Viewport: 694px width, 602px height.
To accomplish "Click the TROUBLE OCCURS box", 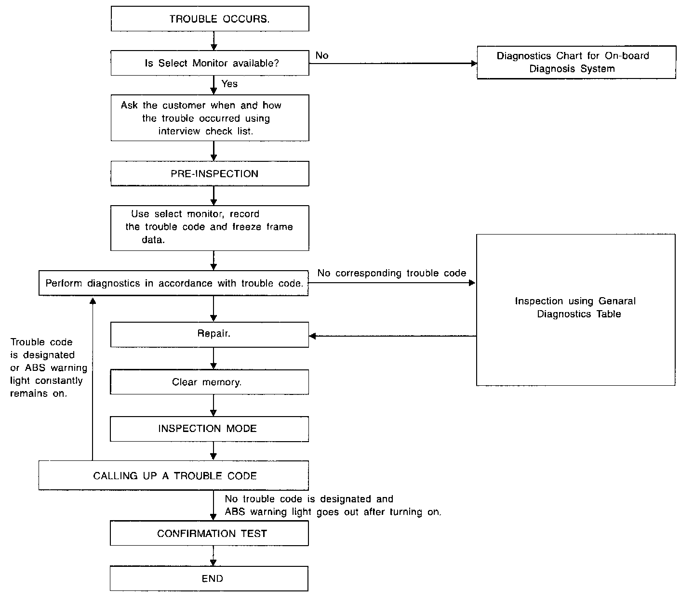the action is tap(210, 19).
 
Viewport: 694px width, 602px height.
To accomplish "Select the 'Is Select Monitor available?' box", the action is tap(210, 63).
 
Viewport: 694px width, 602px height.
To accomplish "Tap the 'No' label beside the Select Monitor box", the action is tap(322, 55).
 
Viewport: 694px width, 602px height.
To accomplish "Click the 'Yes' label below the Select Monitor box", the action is tap(229, 84).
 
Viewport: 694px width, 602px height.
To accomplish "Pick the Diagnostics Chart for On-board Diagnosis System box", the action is tap(576, 63).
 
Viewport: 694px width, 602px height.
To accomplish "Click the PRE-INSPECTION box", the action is tap(210, 173).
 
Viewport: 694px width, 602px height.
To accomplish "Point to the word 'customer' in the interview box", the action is tap(184, 105).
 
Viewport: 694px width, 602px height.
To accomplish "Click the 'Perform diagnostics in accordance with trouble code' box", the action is tap(173, 283).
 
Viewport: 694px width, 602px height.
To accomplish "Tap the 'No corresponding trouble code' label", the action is tap(392, 273).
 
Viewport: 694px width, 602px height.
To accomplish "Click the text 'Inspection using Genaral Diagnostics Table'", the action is tap(575, 307).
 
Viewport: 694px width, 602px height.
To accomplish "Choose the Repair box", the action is tap(210, 335).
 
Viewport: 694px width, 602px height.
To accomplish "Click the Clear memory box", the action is tap(210, 382).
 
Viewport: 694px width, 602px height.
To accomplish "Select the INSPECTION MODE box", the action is tap(210, 429).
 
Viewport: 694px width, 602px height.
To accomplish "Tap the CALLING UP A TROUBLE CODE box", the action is tap(173, 475).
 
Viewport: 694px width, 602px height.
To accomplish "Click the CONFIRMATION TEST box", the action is tap(209, 533).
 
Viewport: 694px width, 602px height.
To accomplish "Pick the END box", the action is tap(209, 578).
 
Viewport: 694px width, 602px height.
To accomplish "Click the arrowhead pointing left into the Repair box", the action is tap(312, 336).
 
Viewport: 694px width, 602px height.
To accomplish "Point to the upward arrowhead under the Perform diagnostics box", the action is tap(93, 301).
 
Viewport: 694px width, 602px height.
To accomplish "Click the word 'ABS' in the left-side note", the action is tap(35, 368).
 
